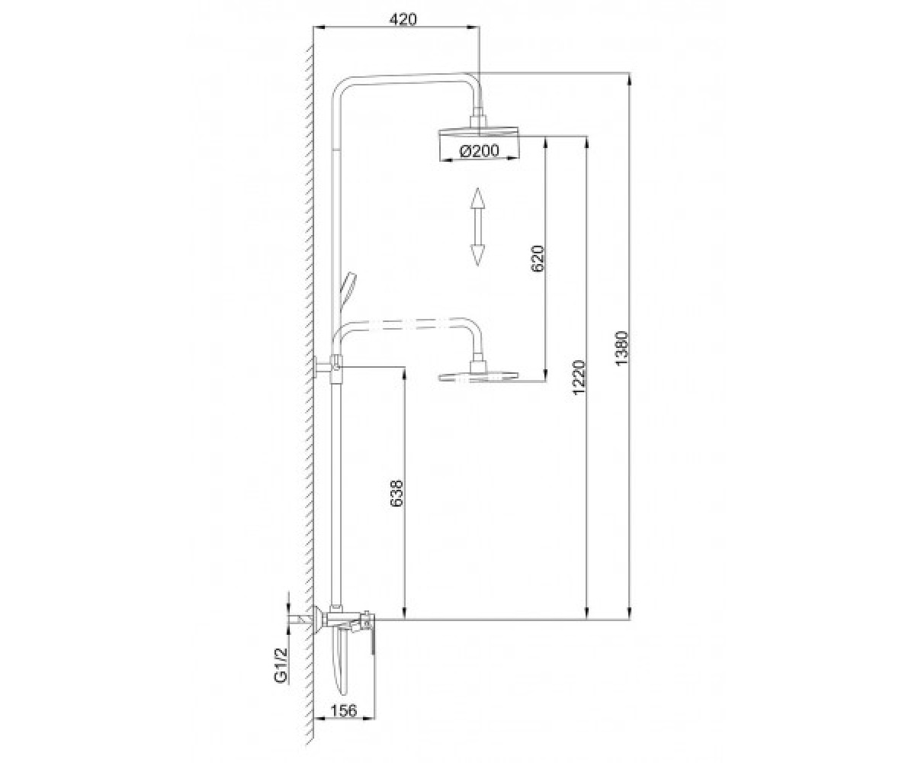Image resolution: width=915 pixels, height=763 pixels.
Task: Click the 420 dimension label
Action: [403, 19]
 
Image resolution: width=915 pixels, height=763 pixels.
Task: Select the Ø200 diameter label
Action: [479, 150]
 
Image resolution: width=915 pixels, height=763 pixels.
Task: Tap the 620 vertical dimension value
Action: [538, 259]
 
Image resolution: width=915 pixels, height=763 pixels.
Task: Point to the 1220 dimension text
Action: [579, 378]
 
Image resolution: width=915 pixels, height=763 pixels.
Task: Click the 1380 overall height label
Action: [622, 349]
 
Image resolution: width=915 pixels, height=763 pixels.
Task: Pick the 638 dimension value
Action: [396, 494]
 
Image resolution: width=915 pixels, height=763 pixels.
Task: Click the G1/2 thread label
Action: [281, 665]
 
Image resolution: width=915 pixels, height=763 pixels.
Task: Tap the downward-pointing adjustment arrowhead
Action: [477, 255]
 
